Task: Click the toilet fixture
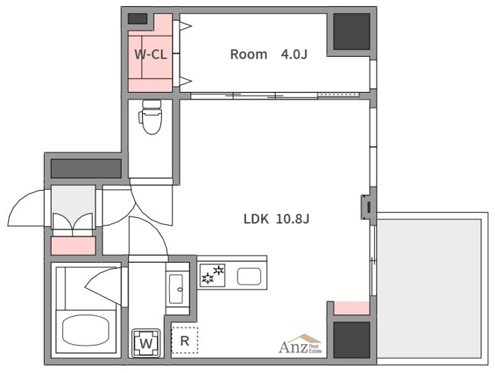[150, 117]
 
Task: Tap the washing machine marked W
[146, 343]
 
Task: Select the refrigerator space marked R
[184, 340]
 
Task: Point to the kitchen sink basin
[249, 277]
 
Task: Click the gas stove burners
[212, 275]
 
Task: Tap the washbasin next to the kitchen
[176, 289]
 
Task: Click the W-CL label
[150, 55]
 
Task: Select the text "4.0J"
[294, 55]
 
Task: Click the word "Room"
[248, 55]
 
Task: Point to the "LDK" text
[256, 219]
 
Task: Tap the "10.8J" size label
[292, 219]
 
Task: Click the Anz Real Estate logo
[300, 344]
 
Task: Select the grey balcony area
[429, 289]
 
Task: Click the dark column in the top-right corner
[352, 32]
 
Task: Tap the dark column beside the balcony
[352, 340]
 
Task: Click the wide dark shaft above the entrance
[87, 169]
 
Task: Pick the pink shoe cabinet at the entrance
[73, 245]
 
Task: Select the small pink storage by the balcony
[352, 308]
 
